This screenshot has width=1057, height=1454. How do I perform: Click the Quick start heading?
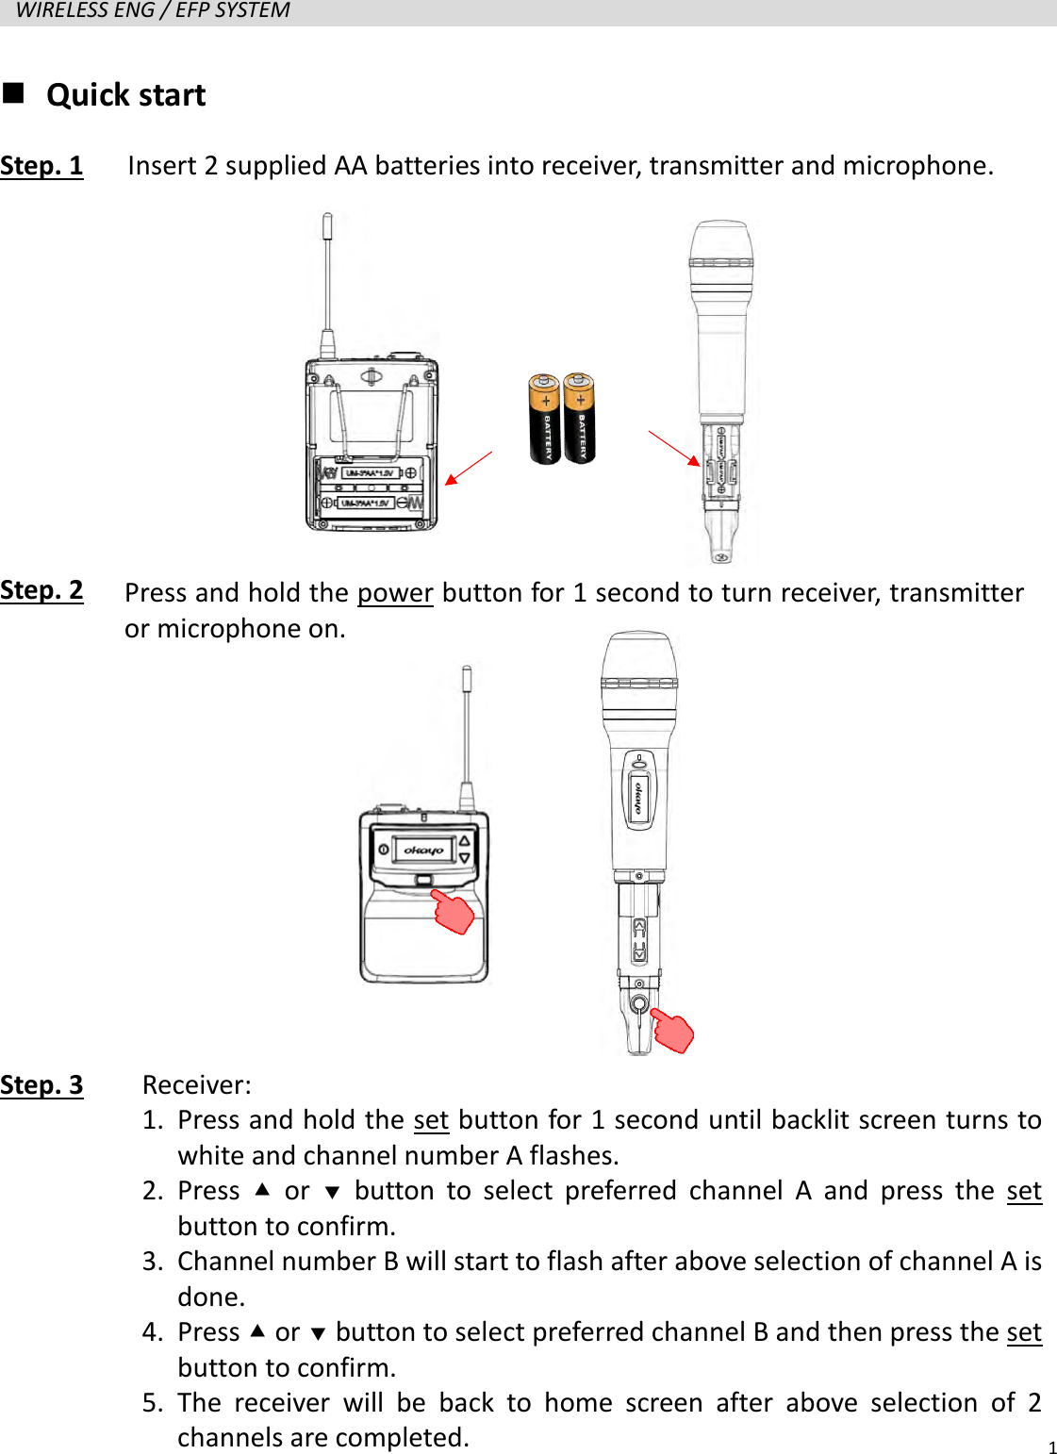pyautogui.click(x=125, y=95)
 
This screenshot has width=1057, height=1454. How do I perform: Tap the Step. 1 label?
pyautogui.click(x=41, y=166)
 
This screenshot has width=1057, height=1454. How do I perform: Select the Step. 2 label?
pyautogui.click(x=41, y=590)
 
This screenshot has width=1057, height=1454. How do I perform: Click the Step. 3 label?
pyautogui.click(x=41, y=1085)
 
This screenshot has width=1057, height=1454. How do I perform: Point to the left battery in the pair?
pyautogui.click(x=544, y=419)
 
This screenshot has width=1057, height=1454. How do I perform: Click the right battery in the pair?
pyautogui.click(x=579, y=419)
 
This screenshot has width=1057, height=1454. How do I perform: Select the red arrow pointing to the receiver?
pyautogui.click(x=468, y=468)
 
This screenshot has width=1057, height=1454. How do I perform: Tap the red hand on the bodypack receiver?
pyautogui.click(x=454, y=912)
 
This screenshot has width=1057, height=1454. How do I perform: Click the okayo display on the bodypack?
pyautogui.click(x=423, y=850)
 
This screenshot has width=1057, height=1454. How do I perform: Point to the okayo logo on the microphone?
pyautogui.click(x=639, y=797)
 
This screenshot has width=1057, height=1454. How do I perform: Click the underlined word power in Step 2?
pyautogui.click(x=395, y=593)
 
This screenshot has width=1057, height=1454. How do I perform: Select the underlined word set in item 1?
pyautogui.click(x=431, y=1120)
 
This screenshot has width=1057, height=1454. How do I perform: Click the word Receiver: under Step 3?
pyautogui.click(x=197, y=1085)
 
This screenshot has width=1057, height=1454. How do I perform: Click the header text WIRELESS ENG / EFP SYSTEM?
pyautogui.click(x=153, y=11)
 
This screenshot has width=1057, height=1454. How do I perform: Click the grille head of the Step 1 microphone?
pyautogui.click(x=721, y=250)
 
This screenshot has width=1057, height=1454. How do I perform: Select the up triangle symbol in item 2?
pyautogui.click(x=262, y=1190)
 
